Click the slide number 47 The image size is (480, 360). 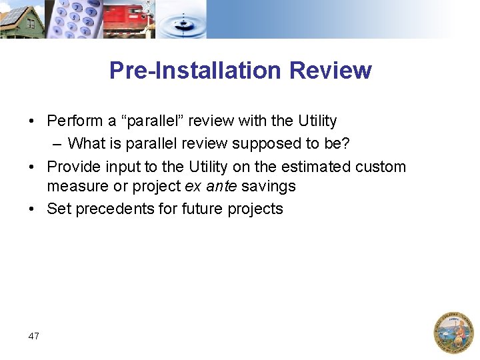click(34, 336)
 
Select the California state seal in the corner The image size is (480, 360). click(453, 332)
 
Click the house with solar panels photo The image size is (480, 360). click(21, 20)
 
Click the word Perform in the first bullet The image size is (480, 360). click(73, 121)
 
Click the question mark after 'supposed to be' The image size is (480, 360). click(345, 143)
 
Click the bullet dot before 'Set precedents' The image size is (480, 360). click(32, 209)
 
